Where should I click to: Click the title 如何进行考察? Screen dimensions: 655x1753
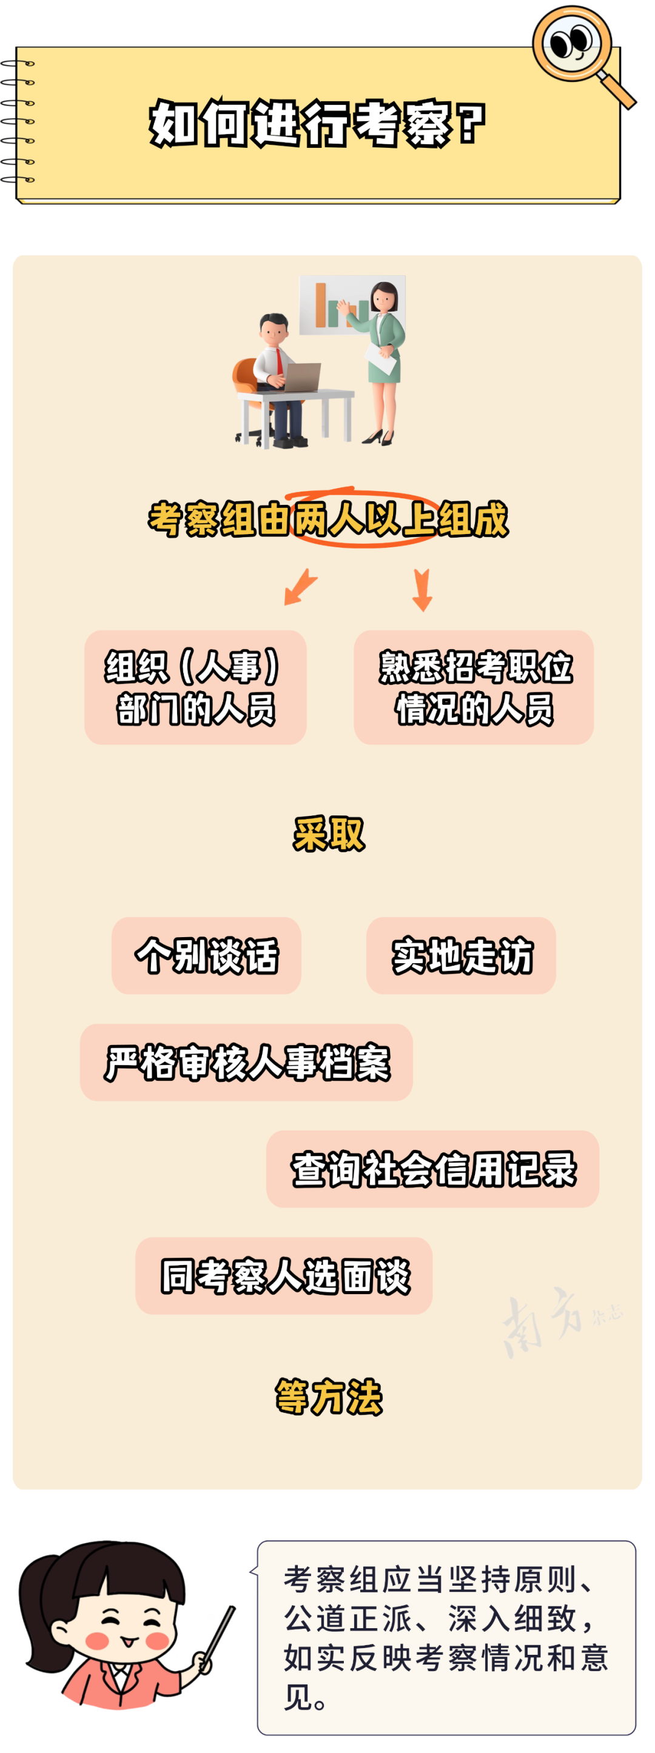[x=317, y=123]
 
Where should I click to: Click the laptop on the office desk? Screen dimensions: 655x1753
[x=301, y=377]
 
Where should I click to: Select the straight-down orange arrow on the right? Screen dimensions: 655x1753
[x=422, y=589]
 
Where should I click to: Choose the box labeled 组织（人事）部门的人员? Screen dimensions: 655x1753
[x=195, y=687]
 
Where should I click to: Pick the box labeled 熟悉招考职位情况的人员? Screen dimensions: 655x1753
[x=474, y=687]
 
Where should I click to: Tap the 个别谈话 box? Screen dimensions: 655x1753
[x=206, y=955]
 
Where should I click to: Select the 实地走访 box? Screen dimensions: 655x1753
[x=461, y=955]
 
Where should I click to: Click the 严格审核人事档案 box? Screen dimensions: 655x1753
[x=246, y=1061]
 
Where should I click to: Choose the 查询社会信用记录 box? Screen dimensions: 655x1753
[x=432, y=1169]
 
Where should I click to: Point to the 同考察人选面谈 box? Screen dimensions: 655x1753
[x=284, y=1275]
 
